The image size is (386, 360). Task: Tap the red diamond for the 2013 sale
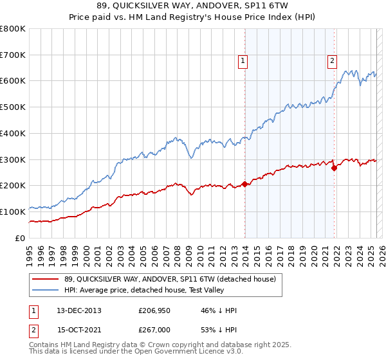(244, 183)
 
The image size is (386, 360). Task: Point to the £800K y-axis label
(13, 29)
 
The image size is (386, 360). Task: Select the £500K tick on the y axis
(13, 107)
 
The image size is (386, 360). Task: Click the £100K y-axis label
(13, 212)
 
